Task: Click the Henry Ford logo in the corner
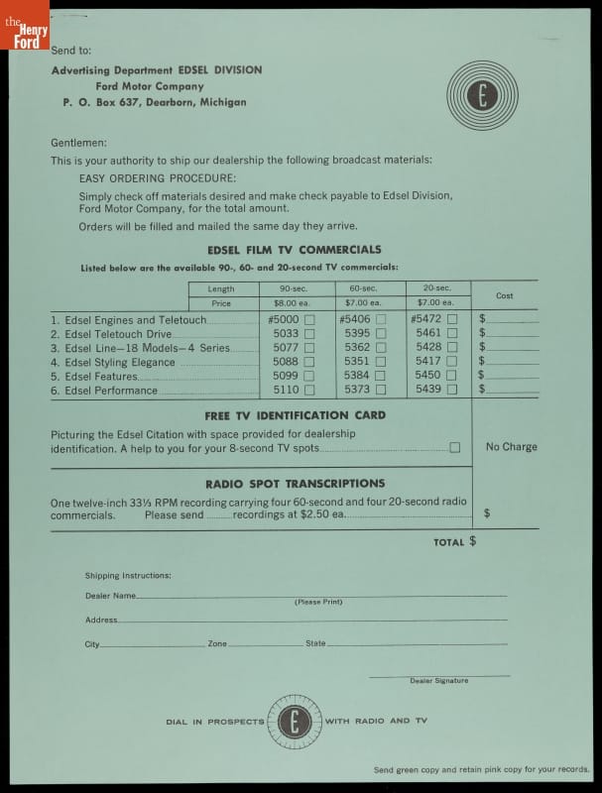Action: tap(24, 24)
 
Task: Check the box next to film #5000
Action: tap(309, 320)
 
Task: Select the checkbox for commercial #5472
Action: tap(452, 320)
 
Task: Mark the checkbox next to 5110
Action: tap(309, 391)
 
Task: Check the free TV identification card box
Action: tap(454, 448)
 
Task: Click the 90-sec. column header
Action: tap(293, 288)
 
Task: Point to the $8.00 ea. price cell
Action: tap(293, 303)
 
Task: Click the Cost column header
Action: tap(504, 295)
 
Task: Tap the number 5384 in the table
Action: tap(358, 377)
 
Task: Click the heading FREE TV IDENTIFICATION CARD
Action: tap(295, 415)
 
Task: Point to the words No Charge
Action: tap(511, 447)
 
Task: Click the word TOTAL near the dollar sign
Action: tap(449, 543)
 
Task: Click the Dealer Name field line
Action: tap(317, 595)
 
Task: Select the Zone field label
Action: tap(217, 644)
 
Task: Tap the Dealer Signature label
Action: tap(438, 681)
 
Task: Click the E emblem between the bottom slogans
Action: tap(295, 722)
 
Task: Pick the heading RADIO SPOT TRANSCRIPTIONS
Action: tap(295, 484)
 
